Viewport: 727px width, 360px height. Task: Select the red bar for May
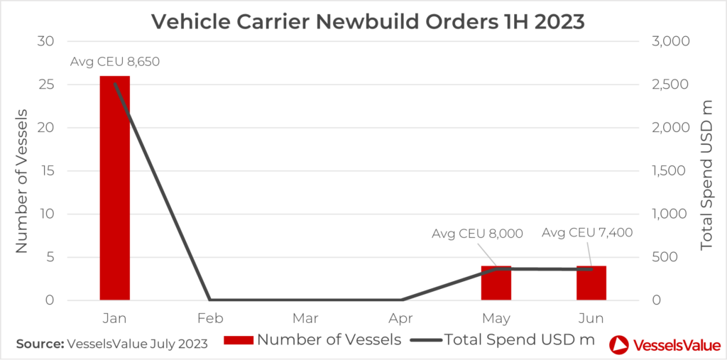coord(496,283)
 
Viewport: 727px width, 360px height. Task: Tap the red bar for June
coord(591,283)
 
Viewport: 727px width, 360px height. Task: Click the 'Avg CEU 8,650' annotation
coord(115,62)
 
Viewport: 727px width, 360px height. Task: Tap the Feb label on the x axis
coord(210,317)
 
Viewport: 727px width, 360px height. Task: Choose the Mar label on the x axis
coord(305,317)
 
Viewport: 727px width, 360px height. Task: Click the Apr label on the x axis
coord(401,317)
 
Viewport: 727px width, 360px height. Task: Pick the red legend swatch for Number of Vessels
coord(239,341)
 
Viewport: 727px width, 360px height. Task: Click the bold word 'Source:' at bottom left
coord(39,344)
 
